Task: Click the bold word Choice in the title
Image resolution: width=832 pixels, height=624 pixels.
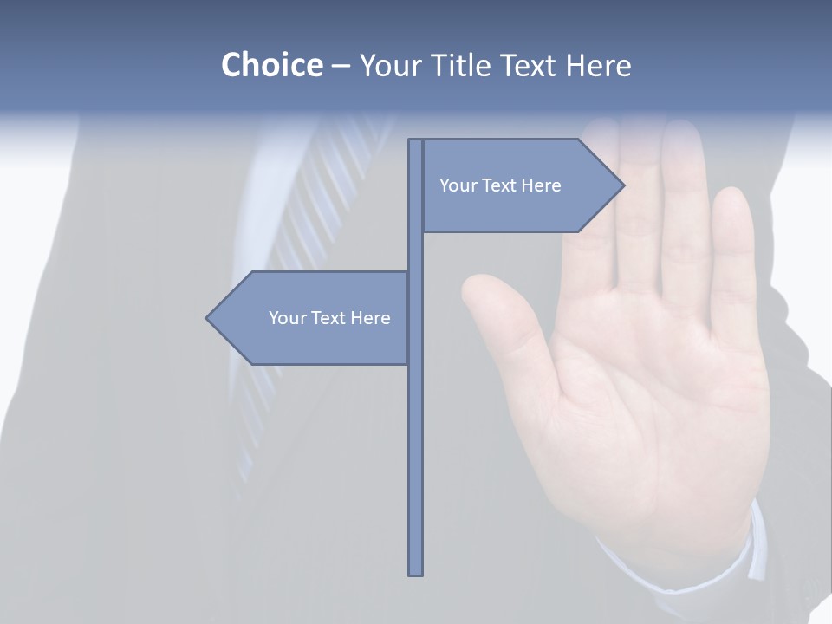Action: click(x=271, y=65)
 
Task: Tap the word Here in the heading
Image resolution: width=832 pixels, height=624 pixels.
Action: click(x=598, y=65)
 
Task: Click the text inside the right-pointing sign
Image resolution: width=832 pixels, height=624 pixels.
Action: click(x=500, y=185)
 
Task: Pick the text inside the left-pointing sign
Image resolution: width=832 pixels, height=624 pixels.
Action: click(x=329, y=318)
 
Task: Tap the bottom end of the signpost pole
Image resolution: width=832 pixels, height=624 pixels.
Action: click(x=416, y=572)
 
